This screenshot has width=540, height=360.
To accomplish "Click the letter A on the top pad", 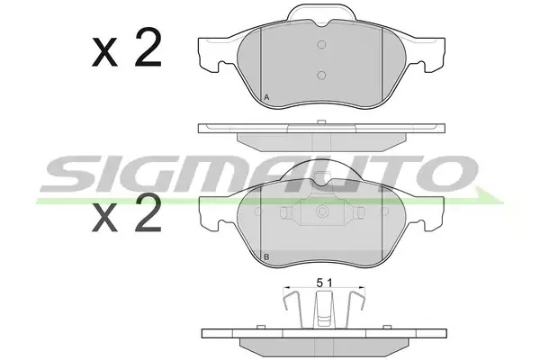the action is [266, 97].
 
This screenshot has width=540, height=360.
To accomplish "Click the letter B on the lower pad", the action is [266, 256].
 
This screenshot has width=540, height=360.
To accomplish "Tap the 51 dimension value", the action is [324, 283].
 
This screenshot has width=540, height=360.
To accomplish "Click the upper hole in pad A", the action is [321, 45].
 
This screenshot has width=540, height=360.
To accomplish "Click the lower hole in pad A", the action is [321, 75].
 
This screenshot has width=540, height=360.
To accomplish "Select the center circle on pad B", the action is [322, 211].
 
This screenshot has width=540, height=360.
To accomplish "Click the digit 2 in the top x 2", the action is [148, 48].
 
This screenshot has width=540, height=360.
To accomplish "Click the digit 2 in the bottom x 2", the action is [148, 212].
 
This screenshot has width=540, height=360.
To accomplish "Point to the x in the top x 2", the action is [104, 53].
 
